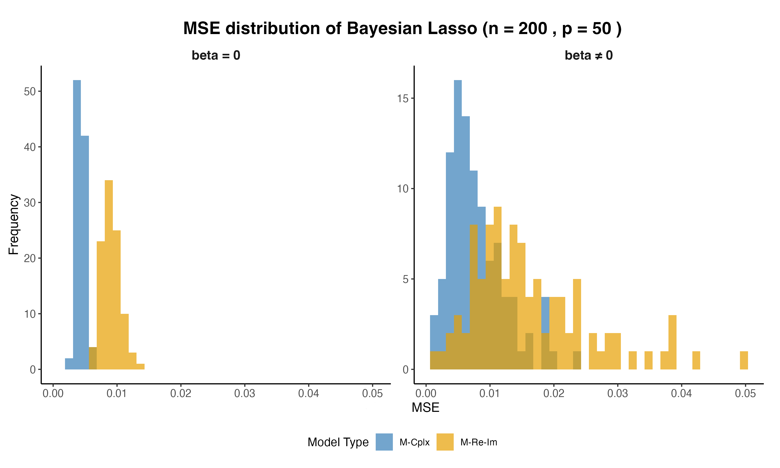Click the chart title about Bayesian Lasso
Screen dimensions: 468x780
tap(402, 28)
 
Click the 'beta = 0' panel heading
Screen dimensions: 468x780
tap(216, 55)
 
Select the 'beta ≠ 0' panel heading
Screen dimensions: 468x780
tap(589, 55)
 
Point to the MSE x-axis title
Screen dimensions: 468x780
tap(425, 407)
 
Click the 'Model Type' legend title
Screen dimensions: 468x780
tap(338, 442)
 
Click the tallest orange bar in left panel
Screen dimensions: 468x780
tap(109, 274)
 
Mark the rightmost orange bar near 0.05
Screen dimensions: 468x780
tap(744, 360)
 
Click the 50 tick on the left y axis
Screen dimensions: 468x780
tap(30, 92)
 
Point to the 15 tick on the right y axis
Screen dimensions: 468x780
tap(403, 98)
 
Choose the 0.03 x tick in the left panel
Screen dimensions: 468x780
tap(245, 393)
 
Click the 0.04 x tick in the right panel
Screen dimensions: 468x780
tap(681, 393)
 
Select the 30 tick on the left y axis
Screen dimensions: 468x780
tap(30, 203)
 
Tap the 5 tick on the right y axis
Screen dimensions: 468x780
tap(405, 279)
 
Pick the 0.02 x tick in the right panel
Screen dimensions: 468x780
tap(554, 393)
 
